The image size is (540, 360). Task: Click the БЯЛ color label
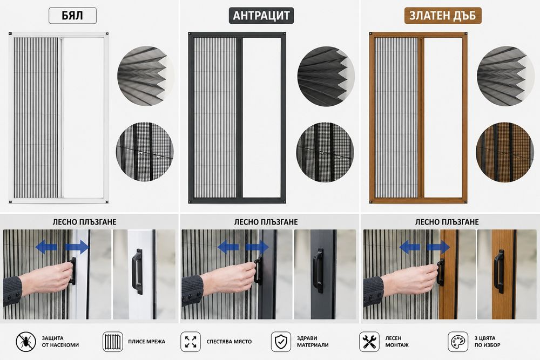pyautogui.click(x=72, y=16)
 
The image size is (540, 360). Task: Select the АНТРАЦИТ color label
pyautogui.click(x=261, y=16)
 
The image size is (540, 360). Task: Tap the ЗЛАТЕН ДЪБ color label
pyautogui.click(x=443, y=16)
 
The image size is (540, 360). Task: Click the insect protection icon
pyautogui.click(x=26, y=342)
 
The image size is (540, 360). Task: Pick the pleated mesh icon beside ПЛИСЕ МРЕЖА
pyautogui.click(x=113, y=342)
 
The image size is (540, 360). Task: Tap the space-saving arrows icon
pyautogui.click(x=191, y=342)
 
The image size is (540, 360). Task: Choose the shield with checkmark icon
pyautogui.click(x=281, y=342)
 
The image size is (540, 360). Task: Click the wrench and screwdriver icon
pyautogui.click(x=369, y=342)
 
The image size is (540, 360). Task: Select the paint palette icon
pyautogui.click(x=458, y=342)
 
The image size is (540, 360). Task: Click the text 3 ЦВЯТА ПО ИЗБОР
pyautogui.click(x=487, y=342)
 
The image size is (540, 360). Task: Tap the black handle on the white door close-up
pyautogui.click(x=137, y=271)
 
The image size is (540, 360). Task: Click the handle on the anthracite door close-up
pyautogui.click(x=318, y=270)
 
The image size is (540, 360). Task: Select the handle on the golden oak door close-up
pyautogui.click(x=499, y=271)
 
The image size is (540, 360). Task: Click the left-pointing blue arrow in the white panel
pyautogui.click(x=46, y=247)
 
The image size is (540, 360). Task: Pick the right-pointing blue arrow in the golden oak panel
pyautogui.click(x=438, y=247)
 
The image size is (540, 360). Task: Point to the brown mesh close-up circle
pyautogui.click(x=504, y=152)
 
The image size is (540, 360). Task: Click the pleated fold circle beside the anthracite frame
pyautogui.click(x=326, y=76)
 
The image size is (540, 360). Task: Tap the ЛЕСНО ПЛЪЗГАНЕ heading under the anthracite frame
pyautogui.click(x=266, y=222)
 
